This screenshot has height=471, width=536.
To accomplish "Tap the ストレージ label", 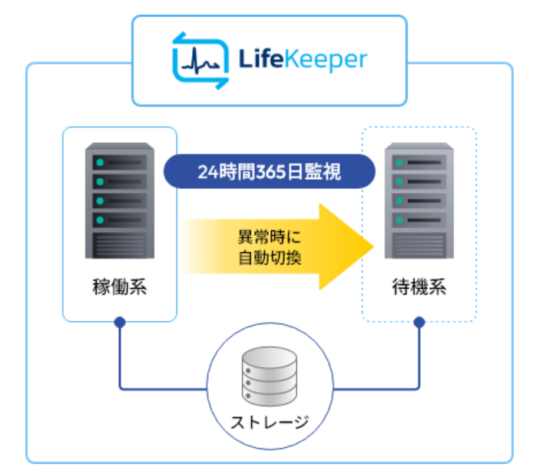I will click(x=269, y=422).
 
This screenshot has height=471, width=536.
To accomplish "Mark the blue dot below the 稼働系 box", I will click(x=119, y=323).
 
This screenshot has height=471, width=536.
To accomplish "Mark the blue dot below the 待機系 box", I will click(x=419, y=323).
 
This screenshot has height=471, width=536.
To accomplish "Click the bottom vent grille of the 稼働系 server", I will click(x=119, y=245).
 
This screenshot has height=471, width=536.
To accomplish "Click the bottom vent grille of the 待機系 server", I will click(x=419, y=245).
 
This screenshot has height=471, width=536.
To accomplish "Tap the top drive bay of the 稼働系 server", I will click(x=119, y=164).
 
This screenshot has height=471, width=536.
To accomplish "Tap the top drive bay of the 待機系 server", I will click(x=419, y=164).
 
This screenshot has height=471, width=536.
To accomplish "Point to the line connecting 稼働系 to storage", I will click(x=154, y=388).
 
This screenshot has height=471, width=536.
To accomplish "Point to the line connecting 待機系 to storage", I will click(x=384, y=388).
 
